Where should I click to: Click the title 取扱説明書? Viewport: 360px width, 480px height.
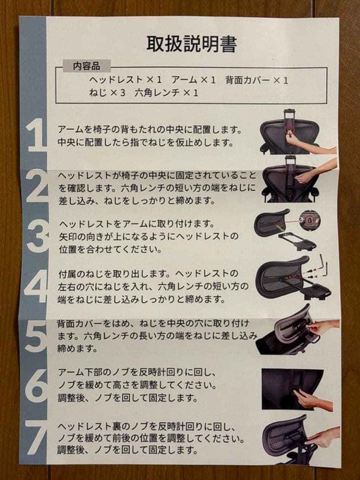pyautogui.click(x=192, y=44)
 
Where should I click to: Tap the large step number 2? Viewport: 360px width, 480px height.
pyautogui.click(x=36, y=187)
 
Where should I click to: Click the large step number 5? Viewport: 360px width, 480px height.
pyautogui.click(x=36, y=336)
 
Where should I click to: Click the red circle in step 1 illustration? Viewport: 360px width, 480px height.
pyautogui.click(x=290, y=129)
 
